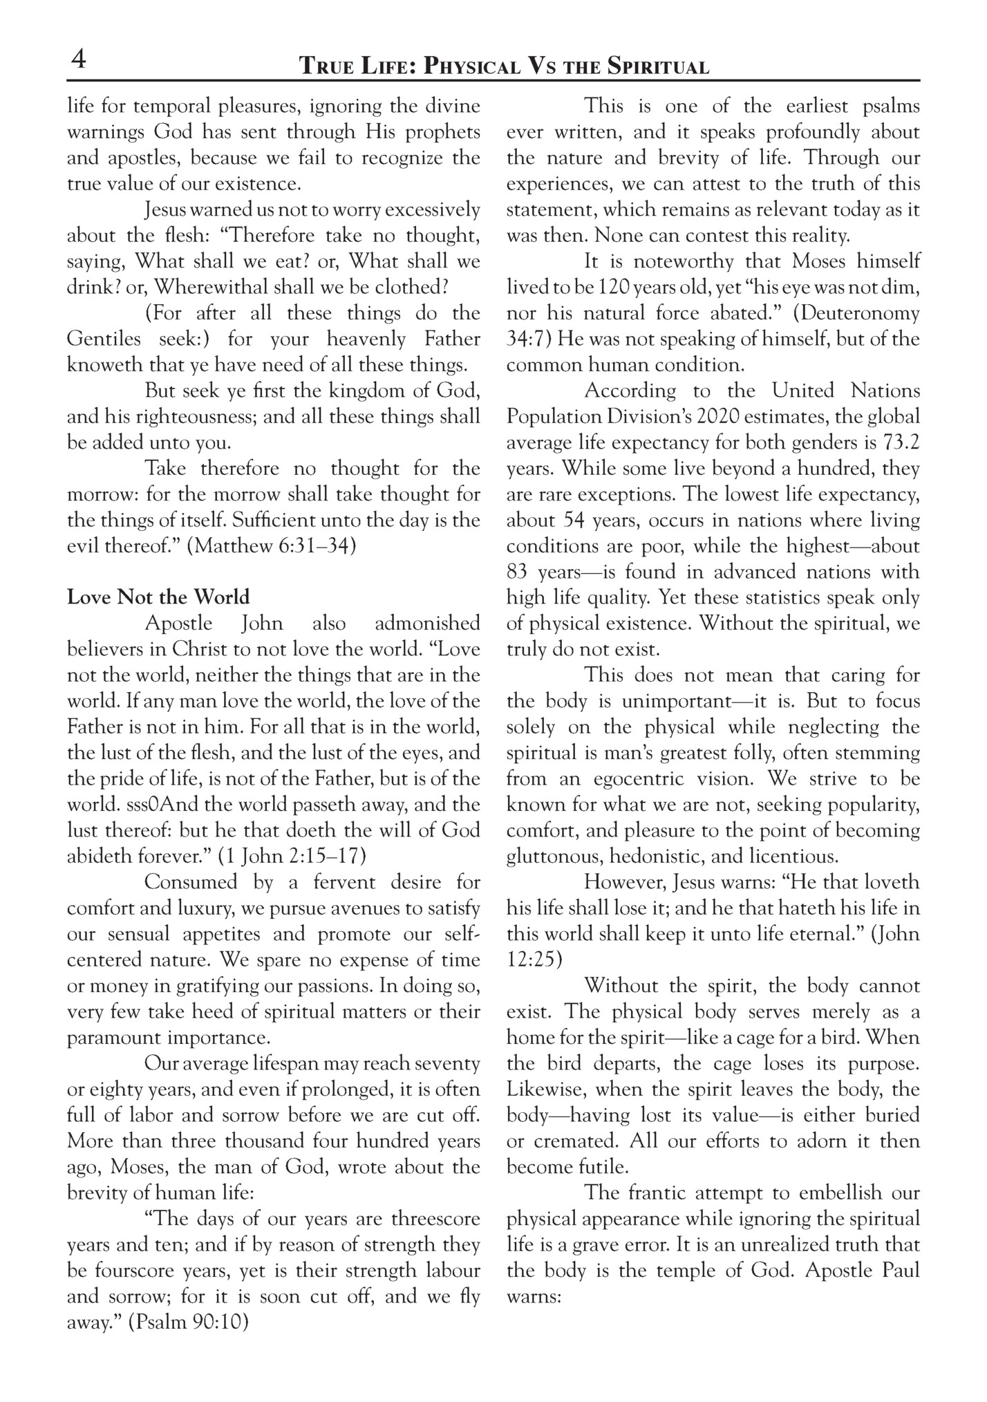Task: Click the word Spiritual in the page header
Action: [658, 67]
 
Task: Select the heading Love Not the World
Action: [158, 597]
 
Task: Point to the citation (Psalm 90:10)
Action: [189, 1322]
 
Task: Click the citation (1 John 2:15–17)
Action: [292, 857]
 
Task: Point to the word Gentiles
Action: [104, 339]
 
